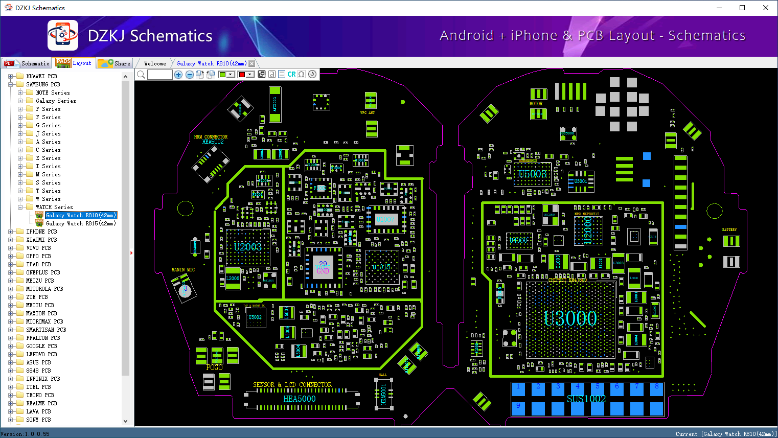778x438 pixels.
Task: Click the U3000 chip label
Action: point(570,318)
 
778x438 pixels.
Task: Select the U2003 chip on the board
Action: point(248,247)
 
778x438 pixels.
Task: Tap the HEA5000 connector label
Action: point(300,399)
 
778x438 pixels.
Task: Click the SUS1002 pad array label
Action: point(586,399)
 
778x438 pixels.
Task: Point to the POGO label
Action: point(214,367)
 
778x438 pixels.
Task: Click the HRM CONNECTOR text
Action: point(211,137)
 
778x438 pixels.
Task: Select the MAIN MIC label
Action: point(183,270)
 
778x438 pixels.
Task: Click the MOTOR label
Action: point(536,104)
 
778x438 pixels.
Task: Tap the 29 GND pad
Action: point(323,267)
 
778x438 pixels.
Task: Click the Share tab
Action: point(115,63)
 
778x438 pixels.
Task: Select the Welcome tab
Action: point(155,63)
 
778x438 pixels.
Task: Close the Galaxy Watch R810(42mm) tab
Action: point(251,64)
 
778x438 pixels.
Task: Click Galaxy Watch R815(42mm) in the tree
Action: point(80,223)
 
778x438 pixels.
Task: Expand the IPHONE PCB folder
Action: point(11,232)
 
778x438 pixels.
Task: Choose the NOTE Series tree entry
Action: point(53,93)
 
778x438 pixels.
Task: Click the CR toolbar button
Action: point(291,75)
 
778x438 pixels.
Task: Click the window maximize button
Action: point(742,8)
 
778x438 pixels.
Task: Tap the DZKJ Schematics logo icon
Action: point(63,35)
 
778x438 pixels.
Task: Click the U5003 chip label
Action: point(532,174)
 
